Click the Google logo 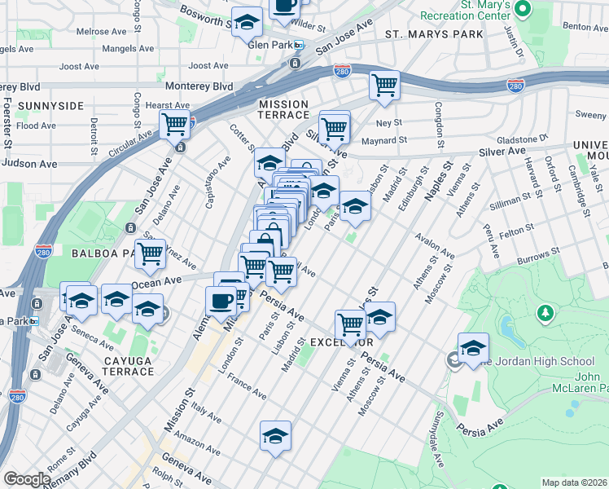point(27,479)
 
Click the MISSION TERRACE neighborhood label point(283,110)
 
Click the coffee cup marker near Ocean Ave point(221,300)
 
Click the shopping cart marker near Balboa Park point(150,253)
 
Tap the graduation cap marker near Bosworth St point(247,23)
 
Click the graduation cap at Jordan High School point(473,347)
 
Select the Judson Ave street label point(30,163)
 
